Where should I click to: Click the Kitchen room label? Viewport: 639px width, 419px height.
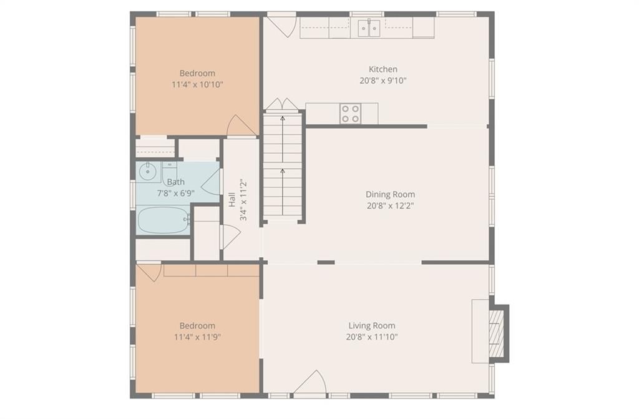pyautogui.click(x=383, y=69)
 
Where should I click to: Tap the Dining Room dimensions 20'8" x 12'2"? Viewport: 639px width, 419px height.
pyautogui.click(x=391, y=205)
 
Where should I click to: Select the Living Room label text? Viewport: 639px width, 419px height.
pyautogui.click(x=372, y=325)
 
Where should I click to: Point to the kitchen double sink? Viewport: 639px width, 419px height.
pyautogui.click(x=369, y=28)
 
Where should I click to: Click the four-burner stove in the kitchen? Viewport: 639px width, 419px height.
pyautogui.click(x=351, y=114)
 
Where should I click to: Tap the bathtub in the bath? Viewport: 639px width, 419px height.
pyautogui.click(x=163, y=220)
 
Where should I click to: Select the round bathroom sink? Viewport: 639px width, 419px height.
pyautogui.click(x=147, y=172)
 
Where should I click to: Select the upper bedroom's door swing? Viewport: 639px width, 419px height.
pyautogui.click(x=241, y=126)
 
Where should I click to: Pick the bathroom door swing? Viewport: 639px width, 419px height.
pyautogui.click(x=211, y=182)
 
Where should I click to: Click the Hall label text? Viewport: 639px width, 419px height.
pyautogui.click(x=232, y=199)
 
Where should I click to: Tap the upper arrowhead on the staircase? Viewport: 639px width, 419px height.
pyautogui.click(x=283, y=118)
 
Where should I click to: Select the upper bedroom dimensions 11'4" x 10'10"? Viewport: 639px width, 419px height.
pyautogui.click(x=197, y=85)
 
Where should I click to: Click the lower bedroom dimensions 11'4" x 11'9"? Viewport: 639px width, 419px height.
pyautogui.click(x=197, y=337)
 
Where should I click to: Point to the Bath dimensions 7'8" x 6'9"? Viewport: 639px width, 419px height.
pyautogui.click(x=175, y=194)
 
